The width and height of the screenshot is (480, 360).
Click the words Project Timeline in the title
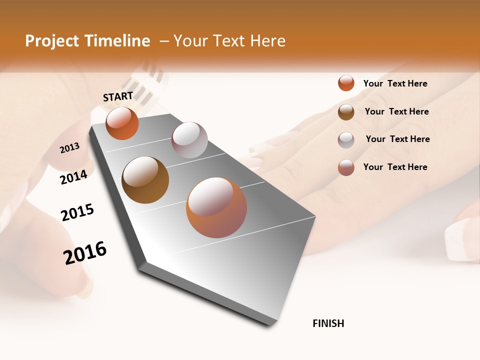[x=87, y=41]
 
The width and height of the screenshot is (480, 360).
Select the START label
[x=118, y=96]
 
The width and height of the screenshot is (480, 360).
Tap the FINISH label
[x=328, y=323]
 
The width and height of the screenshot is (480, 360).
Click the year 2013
[x=70, y=148]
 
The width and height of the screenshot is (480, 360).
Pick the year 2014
[x=74, y=177]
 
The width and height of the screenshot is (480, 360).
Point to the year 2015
[x=77, y=212]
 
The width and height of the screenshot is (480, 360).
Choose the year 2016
[x=85, y=252]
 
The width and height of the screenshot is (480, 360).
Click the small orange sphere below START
[x=122, y=123]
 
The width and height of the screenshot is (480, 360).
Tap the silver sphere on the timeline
[x=189, y=140]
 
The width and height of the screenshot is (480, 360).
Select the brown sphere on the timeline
[x=145, y=180]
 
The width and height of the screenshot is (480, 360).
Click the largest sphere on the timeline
[x=216, y=207]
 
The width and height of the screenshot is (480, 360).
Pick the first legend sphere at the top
[x=346, y=83]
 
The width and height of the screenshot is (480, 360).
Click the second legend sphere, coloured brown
[x=346, y=112]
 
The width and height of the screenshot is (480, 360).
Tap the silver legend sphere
[x=346, y=140]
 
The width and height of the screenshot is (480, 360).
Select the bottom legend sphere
[x=346, y=167]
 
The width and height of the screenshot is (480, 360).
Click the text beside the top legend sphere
[x=395, y=83]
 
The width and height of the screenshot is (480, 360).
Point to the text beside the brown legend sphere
[x=397, y=111]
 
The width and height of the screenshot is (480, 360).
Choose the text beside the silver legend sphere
[x=398, y=139]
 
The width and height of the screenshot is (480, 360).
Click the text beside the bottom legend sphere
[x=395, y=167]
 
